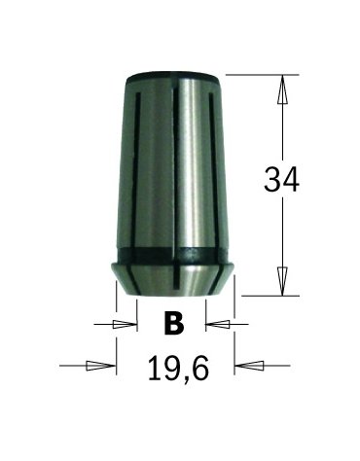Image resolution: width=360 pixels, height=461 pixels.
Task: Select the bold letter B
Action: point(174,323)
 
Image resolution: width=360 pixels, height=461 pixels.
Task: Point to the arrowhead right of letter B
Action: point(218,323)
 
